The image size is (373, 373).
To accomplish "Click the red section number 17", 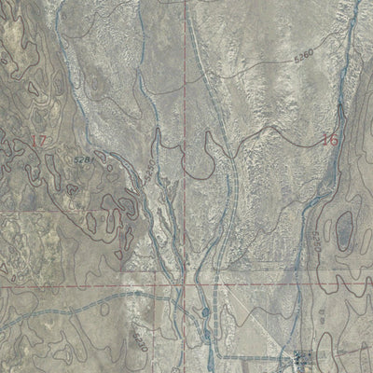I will point(38,140).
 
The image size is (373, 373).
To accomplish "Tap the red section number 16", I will point(326,140).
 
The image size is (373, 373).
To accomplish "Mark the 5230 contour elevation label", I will point(140,328).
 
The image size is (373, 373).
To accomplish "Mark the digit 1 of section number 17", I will point(34,140).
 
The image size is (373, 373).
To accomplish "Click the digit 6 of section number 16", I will point(331,140).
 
